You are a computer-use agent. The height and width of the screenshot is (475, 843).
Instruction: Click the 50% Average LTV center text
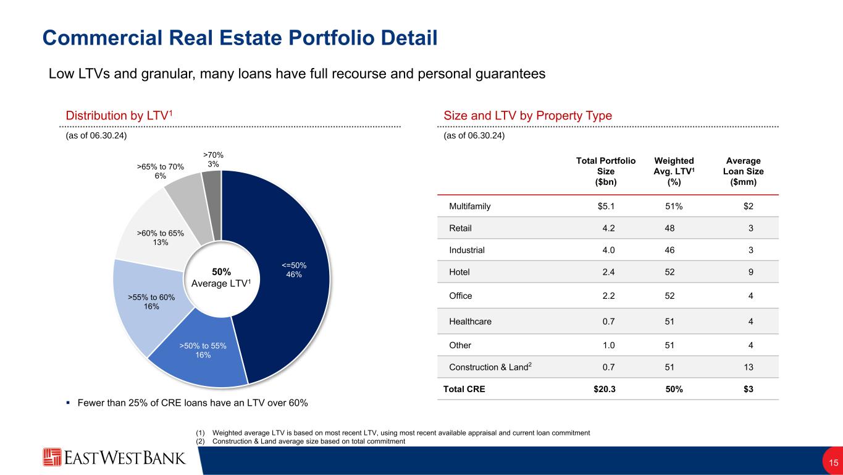222,277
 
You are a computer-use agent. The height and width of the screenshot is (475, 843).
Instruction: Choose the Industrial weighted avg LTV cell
669,250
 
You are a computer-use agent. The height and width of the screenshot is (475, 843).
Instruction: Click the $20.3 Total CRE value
605,390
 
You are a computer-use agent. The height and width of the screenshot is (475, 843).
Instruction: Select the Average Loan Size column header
743,171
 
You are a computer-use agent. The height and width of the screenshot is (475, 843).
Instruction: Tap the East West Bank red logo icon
52,458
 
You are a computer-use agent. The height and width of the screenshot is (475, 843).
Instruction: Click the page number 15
833,463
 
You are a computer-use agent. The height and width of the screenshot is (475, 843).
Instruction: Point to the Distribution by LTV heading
118,116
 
